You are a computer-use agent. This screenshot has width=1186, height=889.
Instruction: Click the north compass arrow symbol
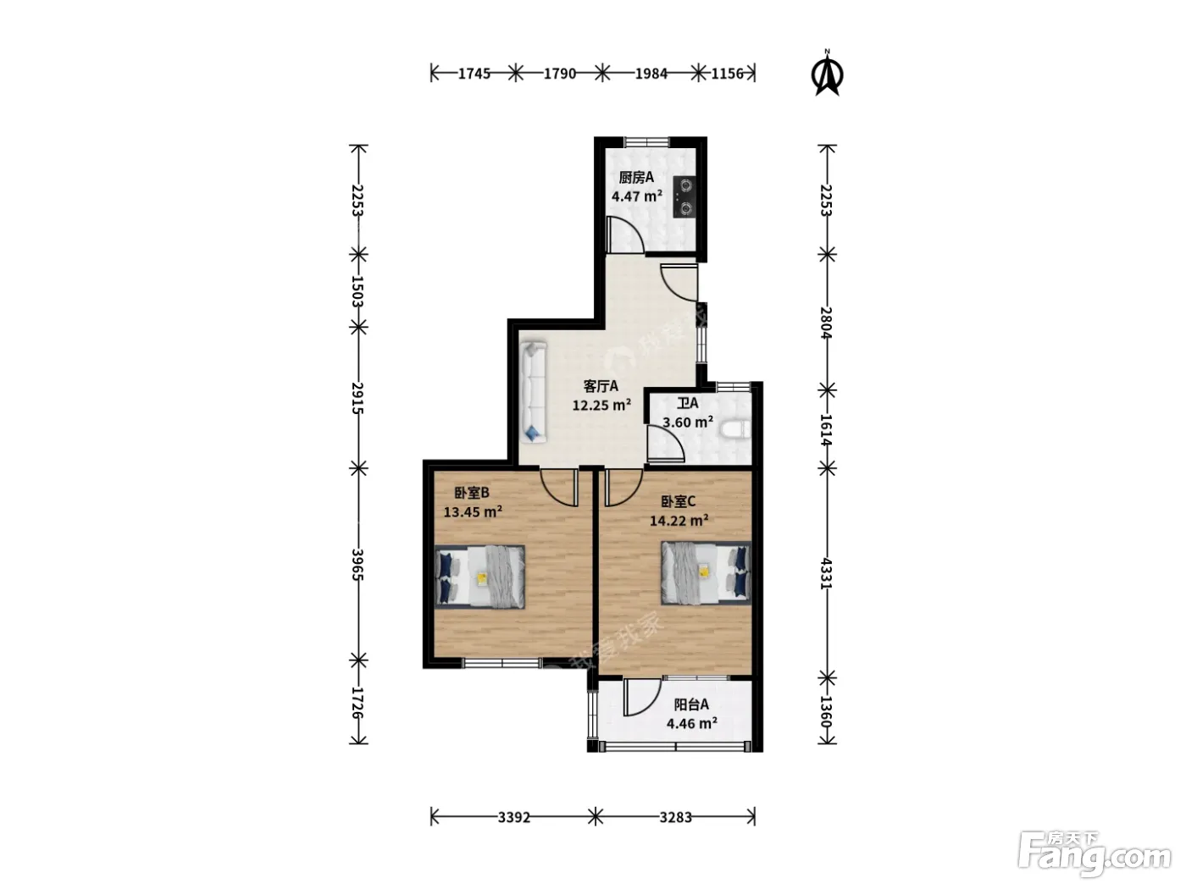[x=827, y=73]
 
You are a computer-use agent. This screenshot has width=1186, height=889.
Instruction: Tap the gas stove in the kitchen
[x=684, y=197]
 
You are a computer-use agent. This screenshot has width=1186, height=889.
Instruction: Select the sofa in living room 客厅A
[x=534, y=392]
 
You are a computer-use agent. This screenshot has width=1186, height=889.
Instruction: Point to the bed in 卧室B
[x=479, y=577]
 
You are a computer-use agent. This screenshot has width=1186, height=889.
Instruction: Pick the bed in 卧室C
[x=707, y=572]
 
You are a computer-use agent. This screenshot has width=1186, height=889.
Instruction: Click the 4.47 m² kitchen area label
[x=637, y=196]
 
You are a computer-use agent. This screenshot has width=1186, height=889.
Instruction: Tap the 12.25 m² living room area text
[x=602, y=405]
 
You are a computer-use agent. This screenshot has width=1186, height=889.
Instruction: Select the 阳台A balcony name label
[x=691, y=704]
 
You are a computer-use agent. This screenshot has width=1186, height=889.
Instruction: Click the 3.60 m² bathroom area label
[x=688, y=422]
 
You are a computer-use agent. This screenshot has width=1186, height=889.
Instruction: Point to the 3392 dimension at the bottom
[x=514, y=818]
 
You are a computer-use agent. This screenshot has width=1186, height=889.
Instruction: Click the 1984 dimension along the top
[x=651, y=74]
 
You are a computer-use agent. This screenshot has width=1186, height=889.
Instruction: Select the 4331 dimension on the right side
[x=826, y=573]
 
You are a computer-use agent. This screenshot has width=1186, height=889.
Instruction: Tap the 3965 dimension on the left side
[x=357, y=565]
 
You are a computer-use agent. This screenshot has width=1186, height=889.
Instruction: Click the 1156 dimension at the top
[x=727, y=74]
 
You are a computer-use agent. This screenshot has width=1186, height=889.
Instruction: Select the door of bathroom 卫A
[x=666, y=444]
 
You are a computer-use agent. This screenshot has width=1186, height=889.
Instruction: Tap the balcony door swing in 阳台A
[x=642, y=698]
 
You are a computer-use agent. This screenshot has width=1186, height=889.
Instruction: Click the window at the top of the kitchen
[x=646, y=142]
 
